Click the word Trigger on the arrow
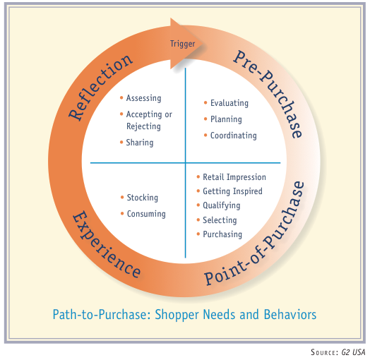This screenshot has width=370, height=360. click(x=182, y=44)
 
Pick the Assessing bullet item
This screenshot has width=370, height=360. click(x=143, y=98)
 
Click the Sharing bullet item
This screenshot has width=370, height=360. click(x=139, y=143)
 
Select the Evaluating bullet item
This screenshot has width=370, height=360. click(x=229, y=103)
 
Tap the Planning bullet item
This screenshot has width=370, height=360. click(x=226, y=119)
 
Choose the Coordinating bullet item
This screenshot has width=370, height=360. click(x=233, y=136)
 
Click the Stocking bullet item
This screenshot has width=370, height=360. click(x=142, y=198)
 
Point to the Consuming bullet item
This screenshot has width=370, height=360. click(x=145, y=214)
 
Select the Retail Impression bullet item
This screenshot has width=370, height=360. click(x=234, y=177)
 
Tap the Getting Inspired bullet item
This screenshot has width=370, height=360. click(x=232, y=191)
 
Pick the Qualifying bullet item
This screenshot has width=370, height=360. click(x=221, y=205)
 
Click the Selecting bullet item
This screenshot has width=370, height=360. click(x=220, y=220)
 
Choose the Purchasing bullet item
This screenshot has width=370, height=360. click(x=222, y=234)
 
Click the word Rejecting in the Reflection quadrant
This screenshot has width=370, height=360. click(x=143, y=126)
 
